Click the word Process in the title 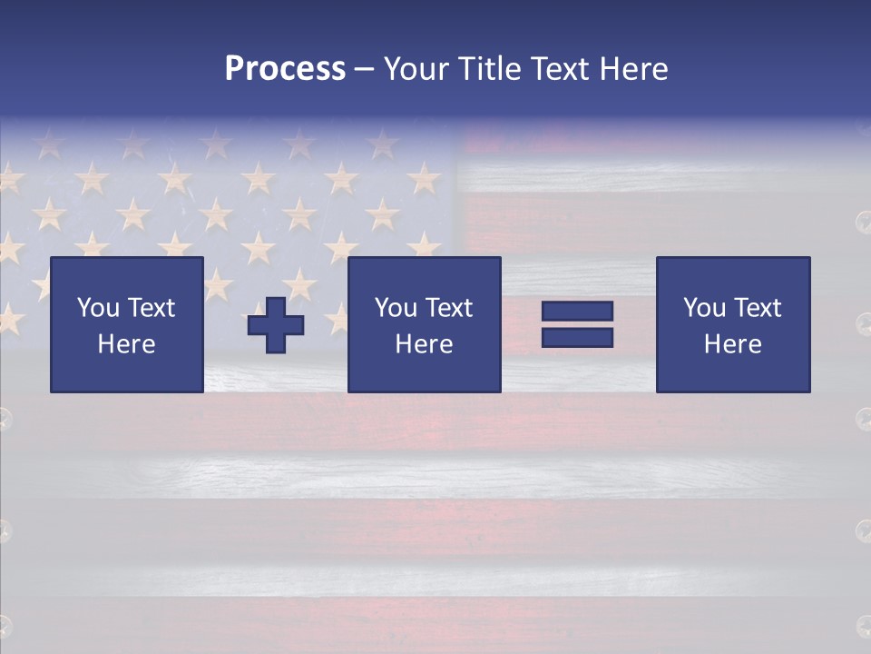pos(285,69)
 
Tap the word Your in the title pos(417,69)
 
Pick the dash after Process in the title pos(364,70)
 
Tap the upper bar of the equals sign pos(577,312)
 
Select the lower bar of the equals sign pos(577,337)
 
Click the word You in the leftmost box pos(97,308)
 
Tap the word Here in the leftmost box pos(126,344)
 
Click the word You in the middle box pos(396,308)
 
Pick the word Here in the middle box pos(424,344)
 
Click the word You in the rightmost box pos(704,308)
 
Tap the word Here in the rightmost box pos(732,344)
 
